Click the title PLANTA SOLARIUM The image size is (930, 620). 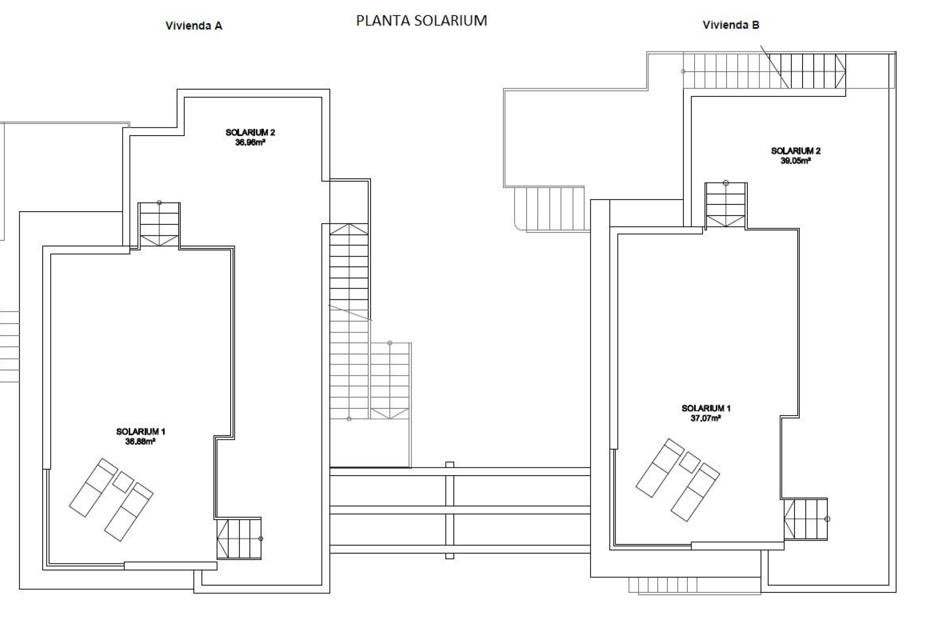[421, 20]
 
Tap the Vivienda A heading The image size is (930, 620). [194, 26]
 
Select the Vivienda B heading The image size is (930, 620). [730, 25]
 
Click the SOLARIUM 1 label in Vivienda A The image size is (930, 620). [140, 432]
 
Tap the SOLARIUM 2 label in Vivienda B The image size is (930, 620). [795, 151]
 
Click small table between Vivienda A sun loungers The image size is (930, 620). [123, 482]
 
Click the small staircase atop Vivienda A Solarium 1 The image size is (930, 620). [159, 226]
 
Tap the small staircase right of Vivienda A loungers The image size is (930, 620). [239, 539]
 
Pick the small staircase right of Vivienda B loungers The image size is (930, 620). [806, 519]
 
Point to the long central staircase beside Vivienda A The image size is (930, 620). [349, 320]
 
